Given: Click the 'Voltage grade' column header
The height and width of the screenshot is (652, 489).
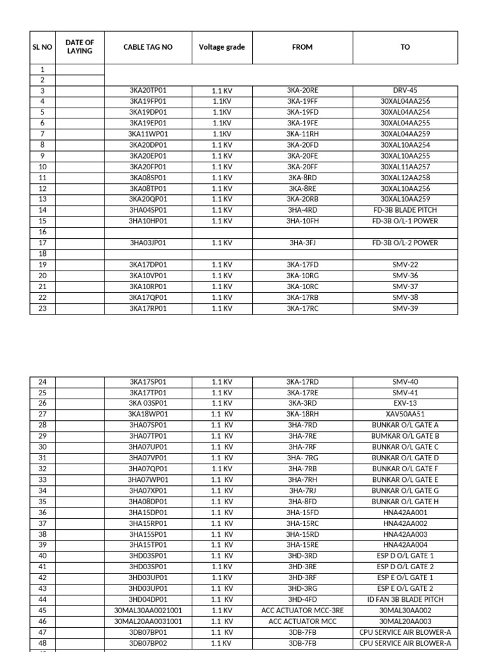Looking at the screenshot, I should coord(222,47).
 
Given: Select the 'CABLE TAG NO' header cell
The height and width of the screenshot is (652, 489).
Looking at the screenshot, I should coord(148,47).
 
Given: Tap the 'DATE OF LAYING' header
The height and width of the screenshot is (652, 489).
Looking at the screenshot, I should coord(80,47).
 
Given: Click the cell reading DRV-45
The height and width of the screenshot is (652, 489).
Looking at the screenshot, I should coord(405,90).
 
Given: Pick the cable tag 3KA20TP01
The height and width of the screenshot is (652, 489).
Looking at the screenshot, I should coord(148,90).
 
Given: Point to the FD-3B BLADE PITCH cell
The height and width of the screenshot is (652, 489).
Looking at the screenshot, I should coord(405,210).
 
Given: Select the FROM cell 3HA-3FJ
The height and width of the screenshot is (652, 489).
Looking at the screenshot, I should coord(302,243).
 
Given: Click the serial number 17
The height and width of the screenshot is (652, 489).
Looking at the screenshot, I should coord(43,243).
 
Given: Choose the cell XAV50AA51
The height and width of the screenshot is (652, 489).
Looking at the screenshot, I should coord(405,414).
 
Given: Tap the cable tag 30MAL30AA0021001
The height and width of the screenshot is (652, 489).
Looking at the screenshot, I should coord(148,610).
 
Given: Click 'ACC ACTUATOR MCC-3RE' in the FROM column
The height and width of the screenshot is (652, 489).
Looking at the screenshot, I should coord(302,610).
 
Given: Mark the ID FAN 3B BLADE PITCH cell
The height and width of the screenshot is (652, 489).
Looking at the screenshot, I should coord(405,599).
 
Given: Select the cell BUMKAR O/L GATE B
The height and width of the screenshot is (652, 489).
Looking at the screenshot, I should coord(405,436).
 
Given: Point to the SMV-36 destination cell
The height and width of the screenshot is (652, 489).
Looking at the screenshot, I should coord(405,276).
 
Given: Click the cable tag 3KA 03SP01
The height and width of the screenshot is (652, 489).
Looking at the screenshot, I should coord(148,403).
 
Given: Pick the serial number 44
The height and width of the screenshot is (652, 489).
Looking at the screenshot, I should coord(43,599).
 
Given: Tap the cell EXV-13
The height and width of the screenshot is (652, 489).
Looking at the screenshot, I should coord(405,403).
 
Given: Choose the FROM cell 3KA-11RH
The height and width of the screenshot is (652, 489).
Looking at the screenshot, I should coord(302,134).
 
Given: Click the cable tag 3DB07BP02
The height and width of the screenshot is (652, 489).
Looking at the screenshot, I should coord(148,643).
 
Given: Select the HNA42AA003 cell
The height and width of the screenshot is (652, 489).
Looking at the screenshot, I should coord(405,534).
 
